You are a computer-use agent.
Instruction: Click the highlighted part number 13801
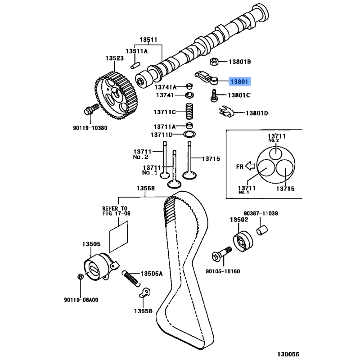pyautogui.click(x=239, y=81)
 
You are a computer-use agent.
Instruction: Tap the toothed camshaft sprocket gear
pyautogui.click(x=117, y=94)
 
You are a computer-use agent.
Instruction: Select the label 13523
pyautogui.click(x=115, y=58)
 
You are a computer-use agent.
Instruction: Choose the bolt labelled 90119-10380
pyautogui.click(x=90, y=110)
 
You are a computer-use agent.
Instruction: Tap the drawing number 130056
pyautogui.click(x=338, y=354)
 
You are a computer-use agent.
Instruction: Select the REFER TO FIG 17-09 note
pyautogui.click(x=116, y=211)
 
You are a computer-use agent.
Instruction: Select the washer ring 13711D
pyautogui.click(x=190, y=135)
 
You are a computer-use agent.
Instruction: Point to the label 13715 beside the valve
pyautogui.click(x=211, y=158)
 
